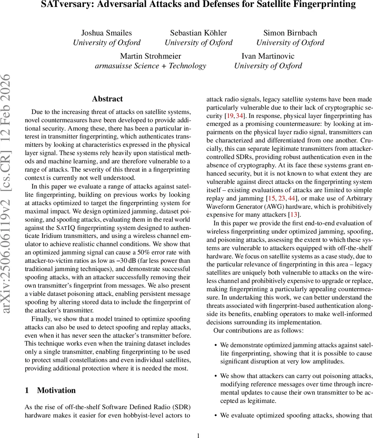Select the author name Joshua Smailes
[x=106, y=33]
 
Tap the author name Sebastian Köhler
[x=198, y=33]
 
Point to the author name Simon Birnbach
[x=290, y=33]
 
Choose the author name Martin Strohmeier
[x=151, y=56]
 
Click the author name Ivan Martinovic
[x=268, y=56]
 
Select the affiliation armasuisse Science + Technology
[x=151, y=66]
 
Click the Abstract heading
[x=107, y=99]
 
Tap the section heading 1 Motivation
[x=50, y=391]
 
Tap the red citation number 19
[x=229, y=116]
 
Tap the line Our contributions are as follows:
[x=258, y=331]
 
